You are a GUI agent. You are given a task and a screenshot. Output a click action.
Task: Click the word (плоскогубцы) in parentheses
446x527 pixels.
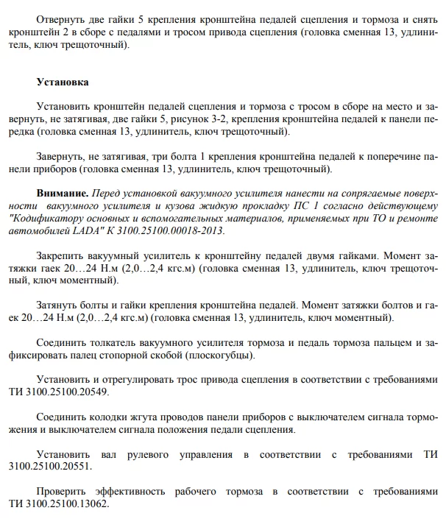coord(219,356)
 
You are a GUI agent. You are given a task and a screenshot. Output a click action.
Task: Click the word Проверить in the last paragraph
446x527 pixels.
coord(64,492)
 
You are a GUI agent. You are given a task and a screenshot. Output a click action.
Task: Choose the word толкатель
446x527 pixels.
coord(110,343)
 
